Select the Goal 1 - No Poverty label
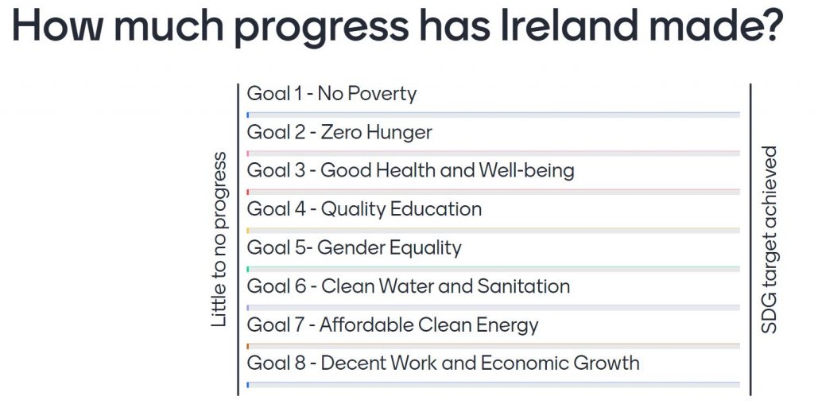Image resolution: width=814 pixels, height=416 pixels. point(331,94)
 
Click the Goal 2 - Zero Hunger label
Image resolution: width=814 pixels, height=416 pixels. point(339,132)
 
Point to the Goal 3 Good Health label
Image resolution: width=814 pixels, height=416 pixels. point(411,171)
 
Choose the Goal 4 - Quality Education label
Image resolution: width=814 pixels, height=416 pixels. point(364,209)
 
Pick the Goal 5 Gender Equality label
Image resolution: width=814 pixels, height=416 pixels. point(354,247)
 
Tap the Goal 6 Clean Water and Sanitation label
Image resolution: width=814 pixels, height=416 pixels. point(409,286)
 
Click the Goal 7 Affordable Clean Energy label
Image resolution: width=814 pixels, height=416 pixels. point(393,325)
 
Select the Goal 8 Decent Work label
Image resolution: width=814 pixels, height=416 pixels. point(444,363)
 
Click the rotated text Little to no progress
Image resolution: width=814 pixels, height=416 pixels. point(219,239)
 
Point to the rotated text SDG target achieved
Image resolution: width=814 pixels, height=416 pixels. point(769,239)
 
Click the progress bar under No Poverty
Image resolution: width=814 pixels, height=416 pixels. point(493,115)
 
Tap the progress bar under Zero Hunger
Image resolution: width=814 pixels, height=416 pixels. point(493,154)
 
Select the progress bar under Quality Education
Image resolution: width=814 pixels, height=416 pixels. point(493,230)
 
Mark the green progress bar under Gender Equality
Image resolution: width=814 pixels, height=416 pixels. point(493,269)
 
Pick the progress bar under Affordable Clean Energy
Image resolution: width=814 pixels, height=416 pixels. point(493,346)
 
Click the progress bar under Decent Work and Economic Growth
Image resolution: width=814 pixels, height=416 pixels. point(493,385)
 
